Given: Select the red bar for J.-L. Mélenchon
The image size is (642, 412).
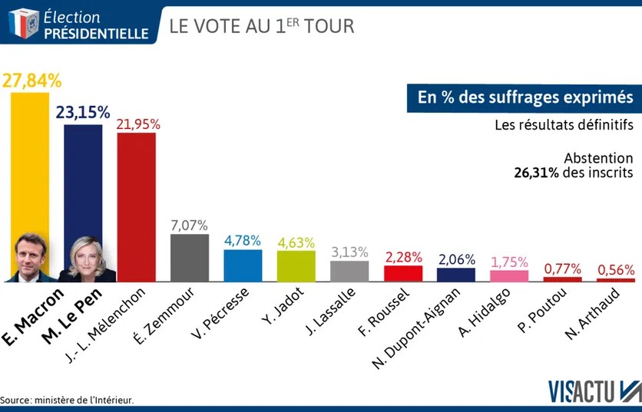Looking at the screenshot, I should pyautogui.click(x=136, y=207).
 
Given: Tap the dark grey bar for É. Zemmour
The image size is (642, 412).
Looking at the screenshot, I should pyautogui.click(x=189, y=258).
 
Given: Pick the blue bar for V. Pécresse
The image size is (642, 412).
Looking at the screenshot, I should pyautogui.click(x=243, y=265).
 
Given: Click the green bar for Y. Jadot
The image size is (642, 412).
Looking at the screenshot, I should pyautogui.click(x=296, y=266).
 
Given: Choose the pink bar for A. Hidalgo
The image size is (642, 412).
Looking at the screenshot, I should pyautogui.click(x=509, y=276).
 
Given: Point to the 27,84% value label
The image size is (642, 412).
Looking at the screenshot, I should pyautogui.click(x=31, y=81).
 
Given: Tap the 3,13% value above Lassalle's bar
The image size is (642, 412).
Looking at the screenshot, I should pyautogui.click(x=349, y=252).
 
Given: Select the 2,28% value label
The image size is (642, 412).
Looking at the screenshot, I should pyautogui.click(x=403, y=255).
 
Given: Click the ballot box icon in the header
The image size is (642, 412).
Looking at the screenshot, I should pyautogui.click(x=23, y=24).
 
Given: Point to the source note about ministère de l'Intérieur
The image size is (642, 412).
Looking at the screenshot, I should pyautogui.click(x=68, y=400).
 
